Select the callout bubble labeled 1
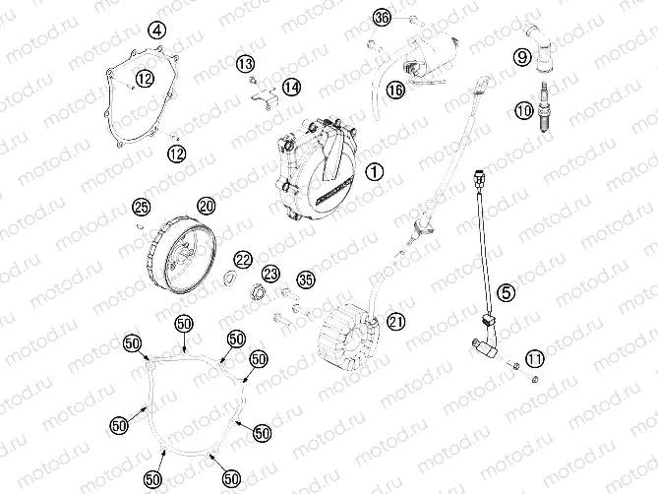(374, 171)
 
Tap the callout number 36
(383, 19)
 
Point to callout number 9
(521, 58)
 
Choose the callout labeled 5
(506, 291)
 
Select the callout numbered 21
(396, 322)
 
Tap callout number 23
(270, 273)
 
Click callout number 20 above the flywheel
(205, 206)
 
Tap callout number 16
(395, 90)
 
